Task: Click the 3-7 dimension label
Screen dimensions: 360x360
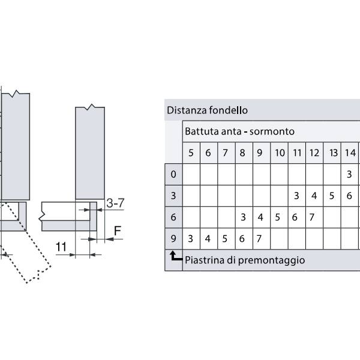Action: click(115, 203)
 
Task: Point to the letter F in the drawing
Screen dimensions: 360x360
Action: click(118, 231)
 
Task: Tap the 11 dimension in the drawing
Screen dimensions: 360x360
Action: click(61, 247)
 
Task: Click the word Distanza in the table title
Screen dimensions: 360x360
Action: click(187, 110)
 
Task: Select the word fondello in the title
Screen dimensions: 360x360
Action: click(229, 110)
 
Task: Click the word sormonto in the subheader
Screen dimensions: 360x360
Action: click(272, 131)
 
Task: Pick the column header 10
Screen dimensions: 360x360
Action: click(280, 153)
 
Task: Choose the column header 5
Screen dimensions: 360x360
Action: click(191, 153)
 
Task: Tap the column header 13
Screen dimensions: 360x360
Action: click(333, 153)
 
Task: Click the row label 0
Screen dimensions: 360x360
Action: click(173, 174)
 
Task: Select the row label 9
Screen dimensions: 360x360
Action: click(173, 239)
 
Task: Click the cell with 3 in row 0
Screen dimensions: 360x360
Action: click(349, 174)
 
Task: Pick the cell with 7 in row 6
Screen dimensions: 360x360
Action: click(311, 217)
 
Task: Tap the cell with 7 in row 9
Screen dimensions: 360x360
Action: click(259, 239)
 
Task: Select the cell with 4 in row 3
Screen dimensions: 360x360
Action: click(314, 196)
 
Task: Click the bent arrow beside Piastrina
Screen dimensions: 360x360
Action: click(176, 256)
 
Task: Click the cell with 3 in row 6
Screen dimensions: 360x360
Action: click(244, 217)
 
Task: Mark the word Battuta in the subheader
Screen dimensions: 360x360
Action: click(202, 131)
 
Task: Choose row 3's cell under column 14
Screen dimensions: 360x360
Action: click(349, 196)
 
